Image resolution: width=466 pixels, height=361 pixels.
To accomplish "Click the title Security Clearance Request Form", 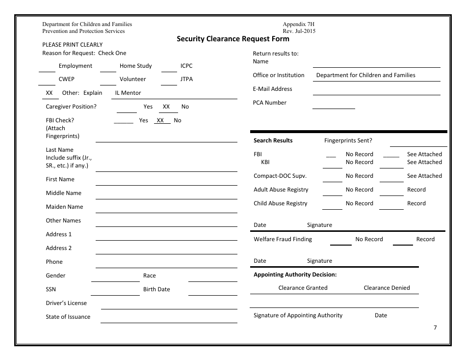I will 233,39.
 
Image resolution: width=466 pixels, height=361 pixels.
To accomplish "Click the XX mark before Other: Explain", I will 49,93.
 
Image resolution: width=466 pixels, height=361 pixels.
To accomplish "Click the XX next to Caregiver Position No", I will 166,107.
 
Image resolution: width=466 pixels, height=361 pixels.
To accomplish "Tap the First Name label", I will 60,179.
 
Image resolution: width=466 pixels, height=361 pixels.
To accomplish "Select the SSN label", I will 51,289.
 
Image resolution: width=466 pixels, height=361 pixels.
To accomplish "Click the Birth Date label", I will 156,289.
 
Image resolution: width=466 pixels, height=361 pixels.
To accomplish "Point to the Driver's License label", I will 66,303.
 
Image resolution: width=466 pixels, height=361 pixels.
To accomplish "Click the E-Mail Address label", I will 272,89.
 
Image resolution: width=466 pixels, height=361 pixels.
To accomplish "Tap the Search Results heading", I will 273,140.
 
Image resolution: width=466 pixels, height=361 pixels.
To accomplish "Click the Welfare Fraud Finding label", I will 283,239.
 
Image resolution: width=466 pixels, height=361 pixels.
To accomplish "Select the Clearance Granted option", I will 303,288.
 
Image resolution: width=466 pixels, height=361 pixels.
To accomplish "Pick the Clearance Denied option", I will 387,288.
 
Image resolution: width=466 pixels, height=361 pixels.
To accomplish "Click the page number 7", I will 435,328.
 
